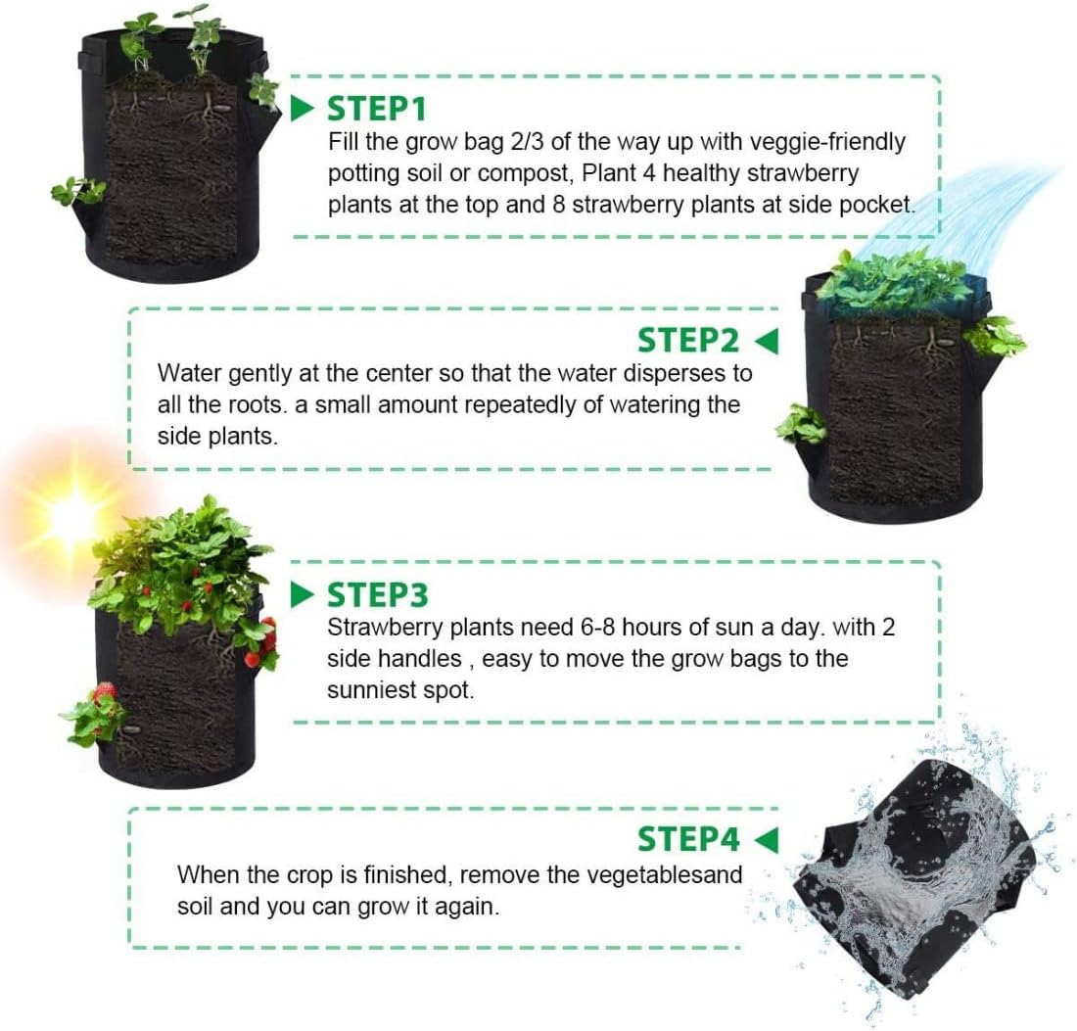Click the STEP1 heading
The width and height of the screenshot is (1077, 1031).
click(x=377, y=106)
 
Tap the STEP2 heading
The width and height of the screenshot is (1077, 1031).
click(x=687, y=340)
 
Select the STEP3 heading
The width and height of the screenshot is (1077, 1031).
click(x=377, y=594)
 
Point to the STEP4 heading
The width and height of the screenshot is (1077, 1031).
click(x=687, y=839)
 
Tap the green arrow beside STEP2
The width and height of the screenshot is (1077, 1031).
click(x=768, y=340)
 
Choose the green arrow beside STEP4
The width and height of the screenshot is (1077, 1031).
click(x=768, y=839)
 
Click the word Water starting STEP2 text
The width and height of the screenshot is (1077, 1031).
click(x=188, y=373)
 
